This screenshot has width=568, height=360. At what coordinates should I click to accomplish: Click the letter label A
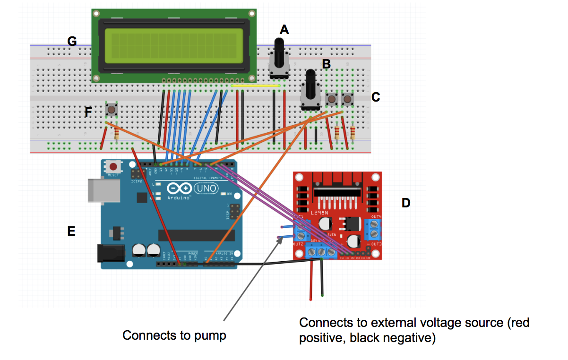pyautogui.click(x=284, y=30)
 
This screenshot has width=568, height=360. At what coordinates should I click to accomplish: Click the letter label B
pyautogui.click(x=326, y=64)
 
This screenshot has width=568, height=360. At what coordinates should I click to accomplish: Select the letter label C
pyautogui.click(x=376, y=97)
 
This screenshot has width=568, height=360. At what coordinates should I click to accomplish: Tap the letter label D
pyautogui.click(x=405, y=203)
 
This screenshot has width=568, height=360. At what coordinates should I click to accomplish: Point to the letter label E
pyautogui.click(x=71, y=231)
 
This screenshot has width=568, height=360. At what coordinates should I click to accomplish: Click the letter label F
pyautogui.click(x=88, y=112)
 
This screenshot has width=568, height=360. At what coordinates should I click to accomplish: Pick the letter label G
pyautogui.click(x=72, y=41)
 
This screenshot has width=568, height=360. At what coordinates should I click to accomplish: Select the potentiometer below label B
pyautogui.click(x=310, y=92)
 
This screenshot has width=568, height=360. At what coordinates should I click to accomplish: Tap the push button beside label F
pyautogui.click(x=112, y=110)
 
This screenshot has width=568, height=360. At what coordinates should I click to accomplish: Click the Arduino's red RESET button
pyautogui.click(x=113, y=167)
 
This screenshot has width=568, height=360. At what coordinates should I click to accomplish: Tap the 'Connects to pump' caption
pyautogui.click(x=174, y=335)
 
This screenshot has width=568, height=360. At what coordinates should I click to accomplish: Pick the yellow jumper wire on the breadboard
pyautogui.click(x=255, y=86)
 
